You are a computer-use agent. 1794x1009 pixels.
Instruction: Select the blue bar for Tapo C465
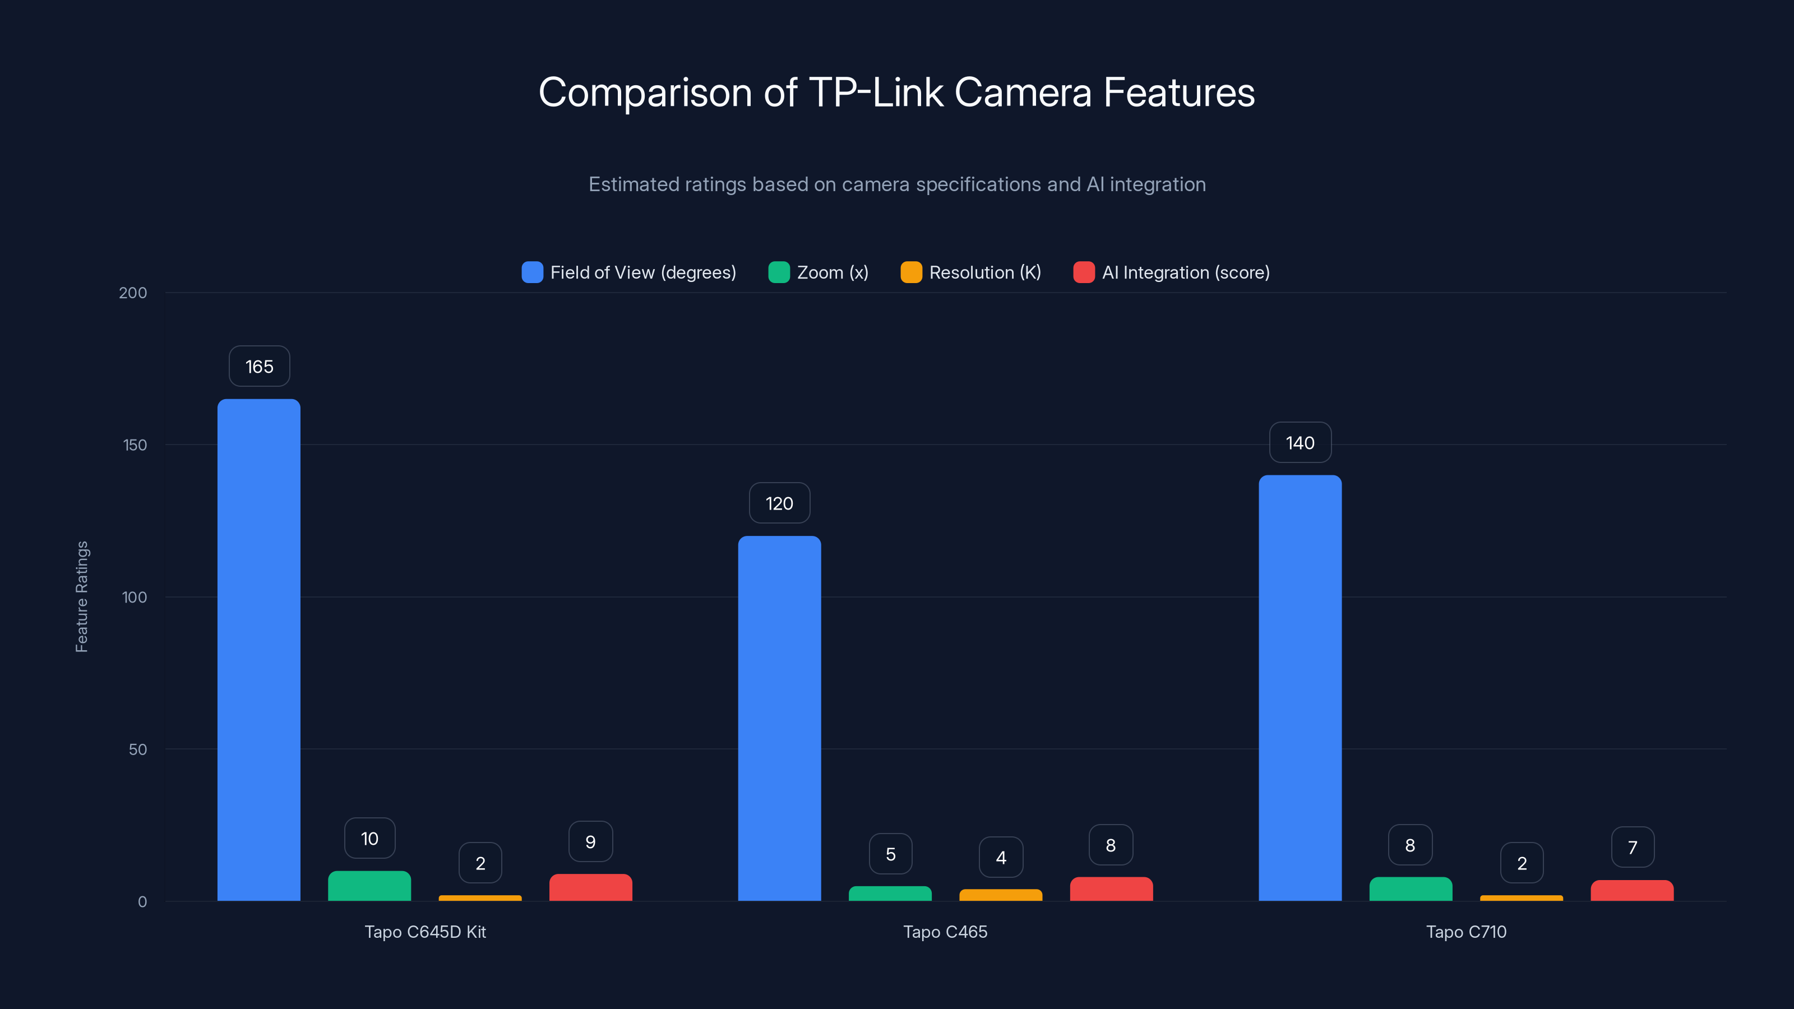779,718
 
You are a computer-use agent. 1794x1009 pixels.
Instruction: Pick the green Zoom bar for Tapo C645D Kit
369,886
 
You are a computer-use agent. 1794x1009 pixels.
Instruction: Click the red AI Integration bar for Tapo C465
1111,889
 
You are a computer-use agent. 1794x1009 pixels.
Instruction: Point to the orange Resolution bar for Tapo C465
1001,895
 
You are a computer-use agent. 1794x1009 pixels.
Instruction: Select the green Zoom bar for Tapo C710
1411,889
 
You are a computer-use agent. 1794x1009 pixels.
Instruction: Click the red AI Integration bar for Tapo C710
1632,891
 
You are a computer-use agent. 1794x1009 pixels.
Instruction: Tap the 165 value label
259,366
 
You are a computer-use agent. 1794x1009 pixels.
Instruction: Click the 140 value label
1300,443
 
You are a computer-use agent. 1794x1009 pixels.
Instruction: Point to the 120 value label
779,503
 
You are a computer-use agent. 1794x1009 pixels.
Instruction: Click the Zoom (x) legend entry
819,272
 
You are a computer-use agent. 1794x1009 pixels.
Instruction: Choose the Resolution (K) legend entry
971,272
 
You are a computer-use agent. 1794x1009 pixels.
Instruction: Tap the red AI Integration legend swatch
1084,272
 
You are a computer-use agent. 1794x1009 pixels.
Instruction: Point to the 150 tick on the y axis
135,445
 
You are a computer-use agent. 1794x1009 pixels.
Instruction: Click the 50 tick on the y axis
138,749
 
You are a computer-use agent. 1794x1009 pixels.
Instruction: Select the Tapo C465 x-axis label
945,932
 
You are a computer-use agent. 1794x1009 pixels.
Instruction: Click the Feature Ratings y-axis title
81,597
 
